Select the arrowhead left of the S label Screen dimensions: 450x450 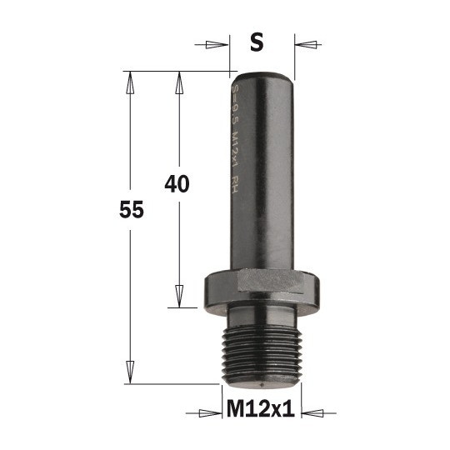coord(221,42)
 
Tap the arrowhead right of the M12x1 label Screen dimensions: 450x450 coord(309,411)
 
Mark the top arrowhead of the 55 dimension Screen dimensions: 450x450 coord(128,81)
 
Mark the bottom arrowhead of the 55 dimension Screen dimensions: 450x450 coord(128,372)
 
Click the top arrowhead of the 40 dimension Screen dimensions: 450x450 coord(178,81)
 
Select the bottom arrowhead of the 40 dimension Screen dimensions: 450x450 coord(178,297)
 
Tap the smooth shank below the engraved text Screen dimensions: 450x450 coord(262,242)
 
